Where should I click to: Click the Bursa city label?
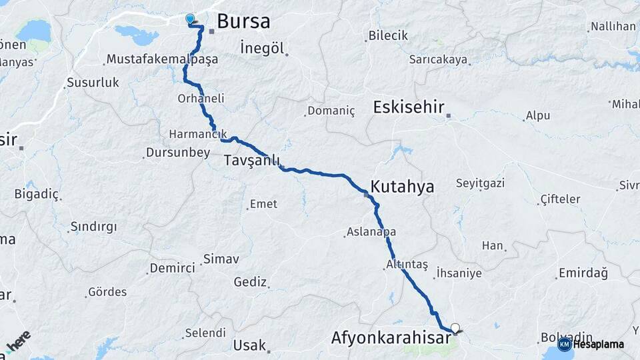pos(243,21)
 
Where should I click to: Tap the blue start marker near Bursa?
pos(190,19)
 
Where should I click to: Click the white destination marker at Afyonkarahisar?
pos(455,327)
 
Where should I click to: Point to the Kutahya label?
pos(402,187)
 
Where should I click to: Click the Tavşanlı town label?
pos(251,161)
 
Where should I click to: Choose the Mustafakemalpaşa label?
pos(161,60)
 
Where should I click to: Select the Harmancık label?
pos(198,134)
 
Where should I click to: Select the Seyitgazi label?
pos(480,183)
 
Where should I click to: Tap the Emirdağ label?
pos(584,273)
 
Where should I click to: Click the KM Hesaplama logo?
pos(591,344)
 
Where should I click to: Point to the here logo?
pos(18,342)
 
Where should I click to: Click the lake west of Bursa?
pos(136,31)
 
